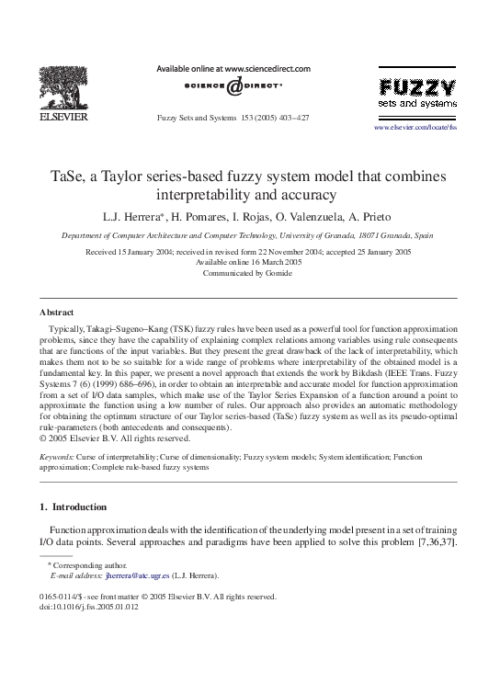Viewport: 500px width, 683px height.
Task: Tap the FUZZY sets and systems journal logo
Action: tap(416, 93)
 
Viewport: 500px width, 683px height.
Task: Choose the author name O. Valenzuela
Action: tap(309, 216)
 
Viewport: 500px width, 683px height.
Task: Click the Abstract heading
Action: tap(57, 312)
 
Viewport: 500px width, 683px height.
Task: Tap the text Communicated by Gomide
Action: tap(248, 274)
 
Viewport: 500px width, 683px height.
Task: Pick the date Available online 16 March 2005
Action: tap(248, 262)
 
